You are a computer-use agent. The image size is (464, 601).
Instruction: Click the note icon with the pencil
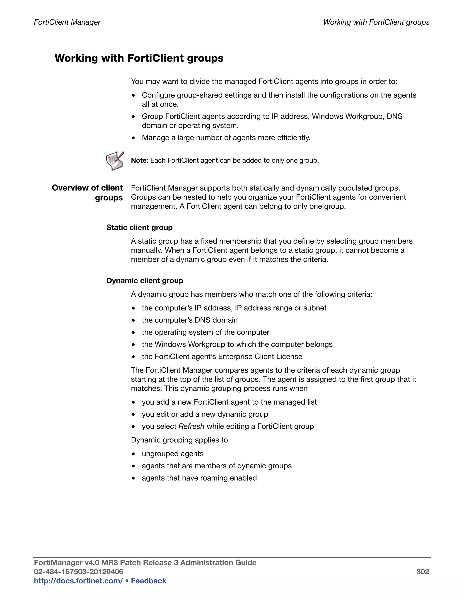115,161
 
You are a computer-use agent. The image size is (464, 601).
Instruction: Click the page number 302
423,572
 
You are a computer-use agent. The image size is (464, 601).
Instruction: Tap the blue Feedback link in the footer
148,581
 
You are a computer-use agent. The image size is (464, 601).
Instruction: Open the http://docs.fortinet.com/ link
78,581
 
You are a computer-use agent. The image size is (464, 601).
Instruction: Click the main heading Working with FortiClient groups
139,58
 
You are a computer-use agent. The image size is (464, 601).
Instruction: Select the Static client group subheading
139,227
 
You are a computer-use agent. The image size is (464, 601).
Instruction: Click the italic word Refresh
191,426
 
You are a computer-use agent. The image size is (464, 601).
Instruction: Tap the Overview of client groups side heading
87,193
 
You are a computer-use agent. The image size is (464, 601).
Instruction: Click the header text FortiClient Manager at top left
67,22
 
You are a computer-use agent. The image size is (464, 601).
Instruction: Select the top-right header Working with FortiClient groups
376,22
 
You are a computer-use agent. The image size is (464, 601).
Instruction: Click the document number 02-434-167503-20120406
78,572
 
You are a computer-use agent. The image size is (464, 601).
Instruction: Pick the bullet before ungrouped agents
133,454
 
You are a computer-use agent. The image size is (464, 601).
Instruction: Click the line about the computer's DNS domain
189,320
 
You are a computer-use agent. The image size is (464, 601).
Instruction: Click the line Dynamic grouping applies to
179,440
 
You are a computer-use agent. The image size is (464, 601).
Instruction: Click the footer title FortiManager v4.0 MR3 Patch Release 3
145,562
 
